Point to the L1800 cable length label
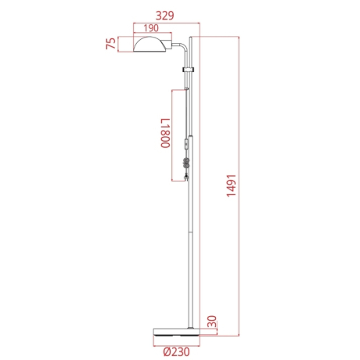[x=164, y=134]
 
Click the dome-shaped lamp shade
[x=153, y=44]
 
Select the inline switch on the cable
[x=185, y=146]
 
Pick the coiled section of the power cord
[x=185, y=164]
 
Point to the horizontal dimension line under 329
[x=168, y=21]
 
